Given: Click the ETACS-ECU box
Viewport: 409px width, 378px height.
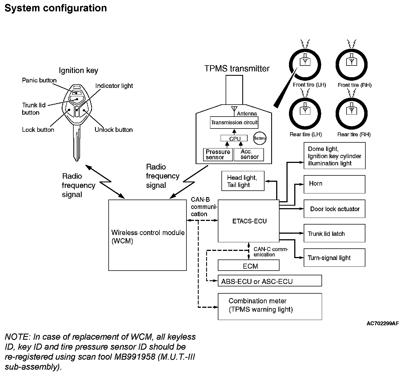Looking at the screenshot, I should (248, 221).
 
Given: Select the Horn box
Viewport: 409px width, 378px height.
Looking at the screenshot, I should (334, 184).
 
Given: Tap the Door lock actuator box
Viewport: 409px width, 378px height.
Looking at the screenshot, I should (334, 209).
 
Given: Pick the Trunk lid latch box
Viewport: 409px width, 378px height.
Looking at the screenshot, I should (334, 233).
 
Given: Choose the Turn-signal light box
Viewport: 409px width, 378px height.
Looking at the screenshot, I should (334, 258).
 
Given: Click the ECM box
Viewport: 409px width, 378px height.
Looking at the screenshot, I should (248, 266).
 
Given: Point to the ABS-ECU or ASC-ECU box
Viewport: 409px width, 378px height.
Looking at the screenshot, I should (270, 281).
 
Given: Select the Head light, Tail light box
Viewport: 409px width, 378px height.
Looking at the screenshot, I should (243, 181).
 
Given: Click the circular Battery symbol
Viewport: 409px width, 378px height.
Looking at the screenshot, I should (260, 138).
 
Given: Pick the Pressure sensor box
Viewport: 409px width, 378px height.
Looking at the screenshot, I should (218, 155).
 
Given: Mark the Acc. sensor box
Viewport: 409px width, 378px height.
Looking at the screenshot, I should (249, 155).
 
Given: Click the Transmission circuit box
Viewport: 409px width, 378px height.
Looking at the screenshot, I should (234, 123).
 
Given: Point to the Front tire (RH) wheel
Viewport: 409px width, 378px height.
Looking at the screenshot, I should (352, 64).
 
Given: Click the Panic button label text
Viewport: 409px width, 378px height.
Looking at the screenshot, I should (39, 80).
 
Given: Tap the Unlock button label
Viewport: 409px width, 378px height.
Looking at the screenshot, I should (114, 130).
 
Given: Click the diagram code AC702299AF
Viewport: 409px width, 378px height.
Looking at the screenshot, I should (383, 324).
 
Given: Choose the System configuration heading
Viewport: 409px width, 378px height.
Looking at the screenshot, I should (56, 8).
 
